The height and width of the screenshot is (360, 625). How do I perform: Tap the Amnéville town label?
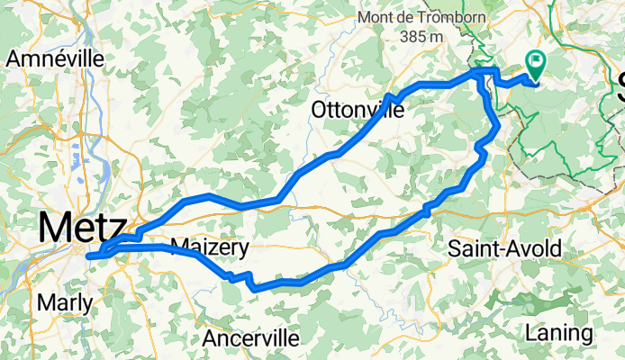(55, 60)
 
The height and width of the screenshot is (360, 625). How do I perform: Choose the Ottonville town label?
(358, 110)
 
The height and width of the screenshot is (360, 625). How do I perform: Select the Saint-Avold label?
(504, 247)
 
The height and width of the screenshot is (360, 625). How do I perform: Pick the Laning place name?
(558, 333)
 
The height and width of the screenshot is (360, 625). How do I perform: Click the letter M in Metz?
(53, 227)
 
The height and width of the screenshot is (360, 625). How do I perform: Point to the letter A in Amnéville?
(14, 60)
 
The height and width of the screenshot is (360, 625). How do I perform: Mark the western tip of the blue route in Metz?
(88, 256)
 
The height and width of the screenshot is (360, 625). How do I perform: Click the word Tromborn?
(455, 18)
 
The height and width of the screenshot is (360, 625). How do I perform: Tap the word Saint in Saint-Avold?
(473, 247)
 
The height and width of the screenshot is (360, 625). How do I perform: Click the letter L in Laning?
(530, 333)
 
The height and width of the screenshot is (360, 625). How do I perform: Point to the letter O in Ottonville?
(318, 110)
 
